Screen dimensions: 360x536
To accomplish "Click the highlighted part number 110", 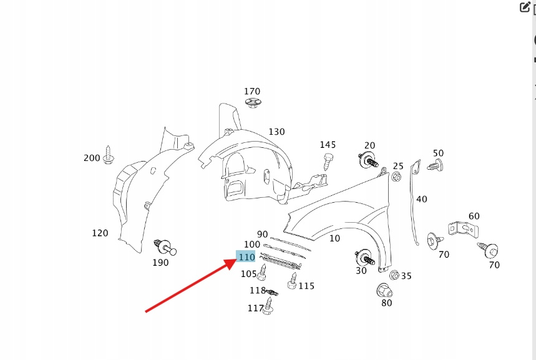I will pyautogui.click(x=246, y=257).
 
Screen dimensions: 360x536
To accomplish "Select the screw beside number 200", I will pyautogui.click(x=109, y=155).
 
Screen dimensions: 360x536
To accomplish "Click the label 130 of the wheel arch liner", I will pyautogui.click(x=276, y=132).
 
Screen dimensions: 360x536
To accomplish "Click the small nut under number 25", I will pyautogui.click(x=396, y=178).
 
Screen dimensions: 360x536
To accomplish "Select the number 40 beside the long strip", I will pyautogui.click(x=422, y=199).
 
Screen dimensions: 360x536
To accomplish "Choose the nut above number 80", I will pyautogui.click(x=384, y=290).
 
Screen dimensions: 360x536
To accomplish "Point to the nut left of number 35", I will pyautogui.click(x=394, y=275).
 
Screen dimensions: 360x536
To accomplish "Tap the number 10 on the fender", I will pyautogui.click(x=334, y=238).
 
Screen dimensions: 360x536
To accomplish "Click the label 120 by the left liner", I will pyautogui.click(x=100, y=233).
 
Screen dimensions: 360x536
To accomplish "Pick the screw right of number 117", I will pyautogui.click(x=270, y=306).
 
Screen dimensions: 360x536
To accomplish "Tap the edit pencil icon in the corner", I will pyautogui.click(x=525, y=7).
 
